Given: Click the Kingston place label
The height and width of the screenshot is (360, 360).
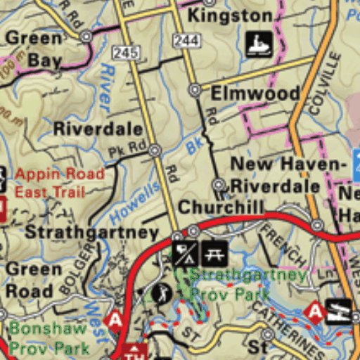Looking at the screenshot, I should click(230, 15).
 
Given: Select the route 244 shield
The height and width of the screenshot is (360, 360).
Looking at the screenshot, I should click(188, 41).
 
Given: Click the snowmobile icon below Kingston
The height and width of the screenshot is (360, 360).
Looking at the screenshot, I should click(259, 44).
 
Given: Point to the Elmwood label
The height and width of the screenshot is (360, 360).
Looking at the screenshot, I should click(255, 94).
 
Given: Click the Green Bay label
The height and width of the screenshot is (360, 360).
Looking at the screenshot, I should click(34, 49).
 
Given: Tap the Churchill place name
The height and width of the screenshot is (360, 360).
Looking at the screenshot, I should click(221, 207).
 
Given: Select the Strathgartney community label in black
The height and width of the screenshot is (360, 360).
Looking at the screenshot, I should click(92, 232).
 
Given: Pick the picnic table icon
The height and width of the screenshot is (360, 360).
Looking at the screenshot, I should click(213, 252).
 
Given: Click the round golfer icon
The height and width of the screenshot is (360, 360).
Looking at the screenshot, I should click(162, 293).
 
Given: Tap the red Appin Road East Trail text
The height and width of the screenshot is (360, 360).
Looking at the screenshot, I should click(60, 183).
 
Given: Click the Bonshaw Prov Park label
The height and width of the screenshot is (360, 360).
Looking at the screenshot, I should click(49, 337).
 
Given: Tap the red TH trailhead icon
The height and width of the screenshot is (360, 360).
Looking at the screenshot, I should click(134, 350).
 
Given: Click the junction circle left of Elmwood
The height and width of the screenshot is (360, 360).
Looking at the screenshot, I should click(195, 90).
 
